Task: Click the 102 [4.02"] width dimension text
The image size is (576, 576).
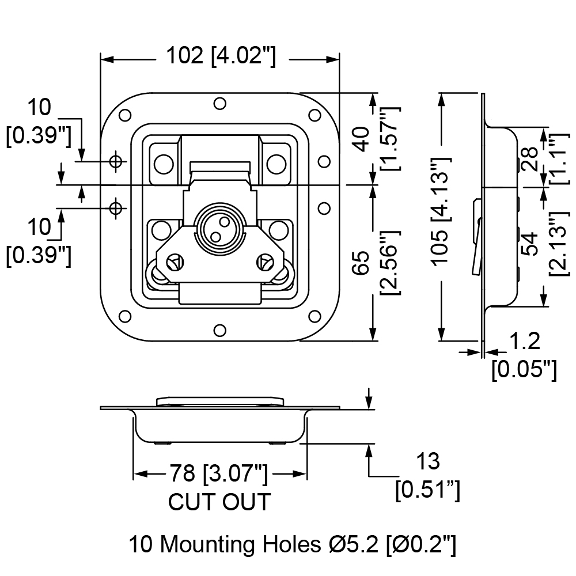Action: click(x=221, y=56)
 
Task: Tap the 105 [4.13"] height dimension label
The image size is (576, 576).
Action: click(x=440, y=210)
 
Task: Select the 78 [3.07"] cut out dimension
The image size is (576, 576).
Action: click(x=218, y=474)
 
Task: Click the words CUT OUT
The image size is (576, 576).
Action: click(x=219, y=502)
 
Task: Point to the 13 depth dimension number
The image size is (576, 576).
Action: click(x=428, y=461)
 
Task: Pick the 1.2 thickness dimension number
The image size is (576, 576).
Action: click(x=525, y=341)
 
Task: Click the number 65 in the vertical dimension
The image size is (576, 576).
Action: click(x=362, y=263)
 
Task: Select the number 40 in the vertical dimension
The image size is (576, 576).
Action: click(x=362, y=139)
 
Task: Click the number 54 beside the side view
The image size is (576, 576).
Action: click(x=530, y=244)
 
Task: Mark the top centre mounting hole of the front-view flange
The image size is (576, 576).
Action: click(x=219, y=104)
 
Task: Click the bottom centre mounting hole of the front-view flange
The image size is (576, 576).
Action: click(x=219, y=331)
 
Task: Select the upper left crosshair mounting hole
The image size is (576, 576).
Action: click(x=116, y=161)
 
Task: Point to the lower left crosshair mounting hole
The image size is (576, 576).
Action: click(x=116, y=209)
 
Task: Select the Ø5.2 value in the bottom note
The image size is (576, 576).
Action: click(x=354, y=544)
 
